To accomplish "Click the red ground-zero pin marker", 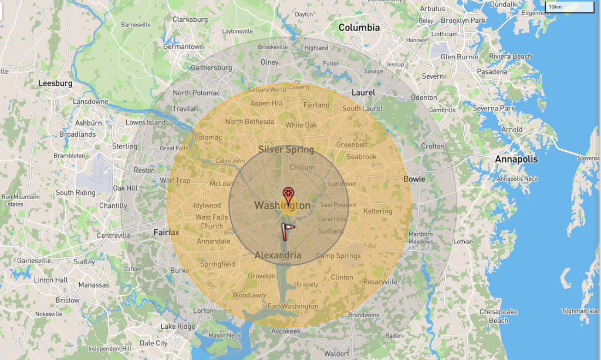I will (288, 194).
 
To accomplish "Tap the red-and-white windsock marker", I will (288, 231).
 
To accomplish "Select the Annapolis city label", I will (516, 159).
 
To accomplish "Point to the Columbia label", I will (359, 28).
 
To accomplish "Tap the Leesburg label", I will (55, 83).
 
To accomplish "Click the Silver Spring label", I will (286, 150).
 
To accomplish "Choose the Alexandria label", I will (278, 255).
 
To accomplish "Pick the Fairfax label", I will (166, 232).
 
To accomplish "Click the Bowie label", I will (414, 179).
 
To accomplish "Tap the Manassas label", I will (94, 285).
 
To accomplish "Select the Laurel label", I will (363, 93).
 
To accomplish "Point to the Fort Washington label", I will (292, 306).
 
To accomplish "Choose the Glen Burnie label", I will (460, 57).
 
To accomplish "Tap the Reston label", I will (144, 170).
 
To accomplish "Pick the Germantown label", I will (183, 47).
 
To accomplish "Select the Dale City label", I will (153, 343).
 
